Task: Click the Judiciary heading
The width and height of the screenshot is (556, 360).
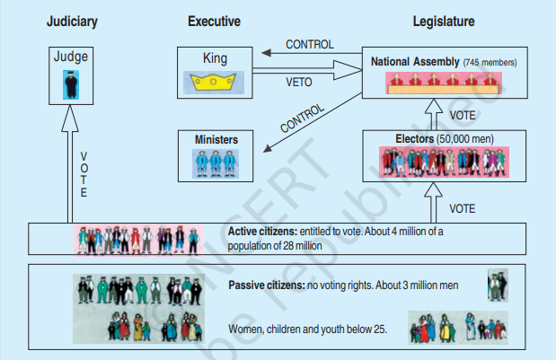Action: (71, 21)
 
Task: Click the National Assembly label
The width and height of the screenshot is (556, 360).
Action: (415, 62)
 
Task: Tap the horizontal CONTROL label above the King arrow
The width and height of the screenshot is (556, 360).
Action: (310, 44)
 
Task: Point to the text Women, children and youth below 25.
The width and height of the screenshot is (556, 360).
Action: (307, 329)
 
